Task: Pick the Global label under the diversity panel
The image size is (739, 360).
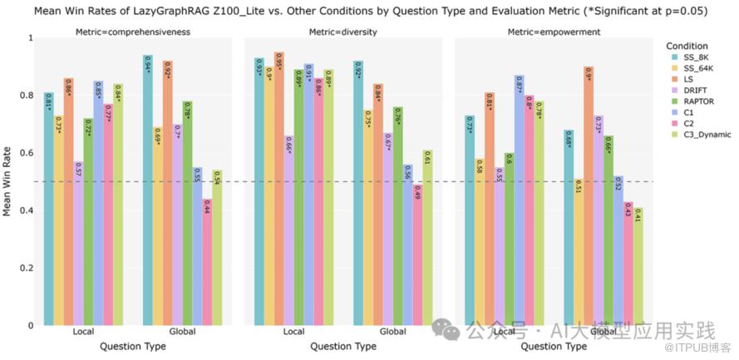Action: pyautogui.click(x=393, y=333)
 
